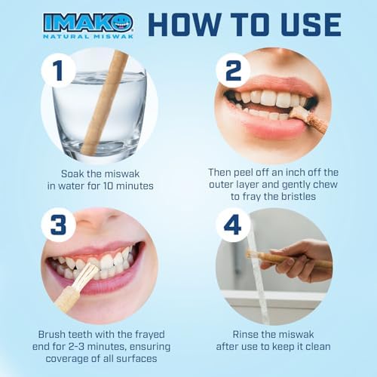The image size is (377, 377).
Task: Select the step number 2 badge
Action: (232, 71)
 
